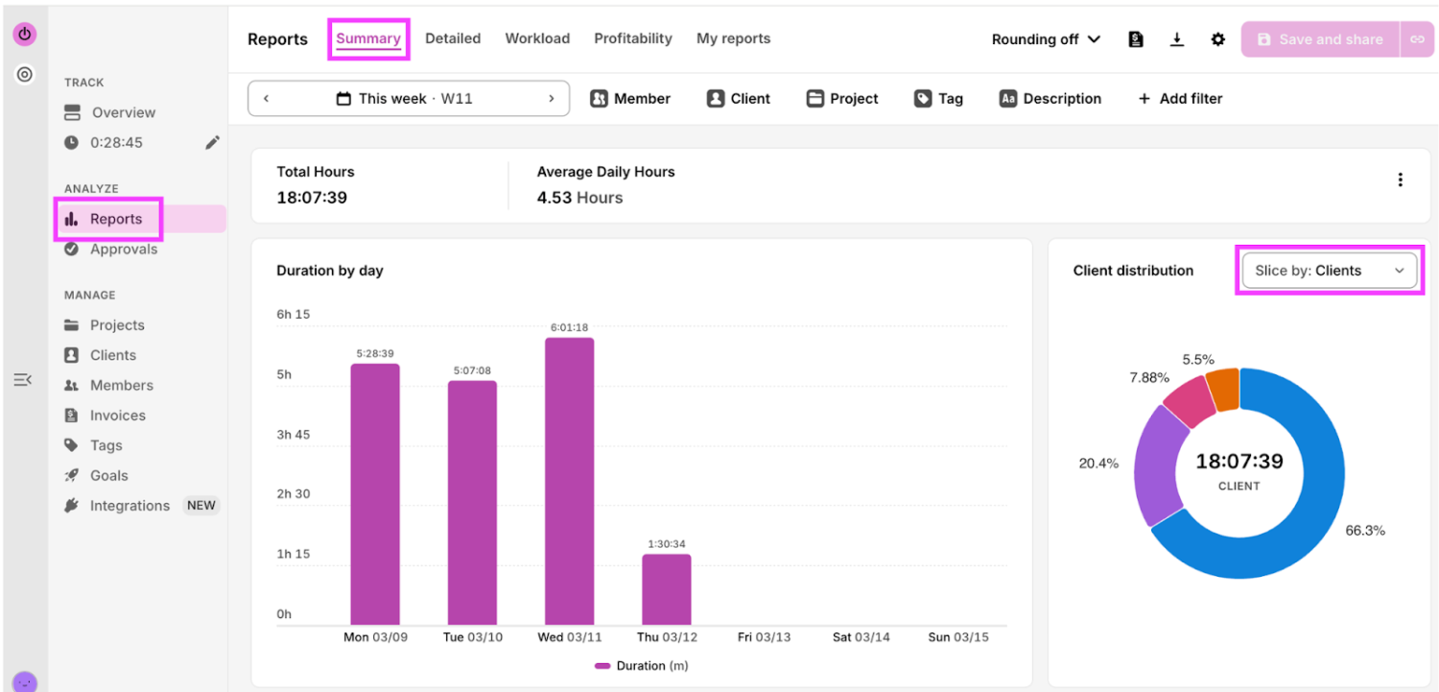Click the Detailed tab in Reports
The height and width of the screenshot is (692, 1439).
[452, 38]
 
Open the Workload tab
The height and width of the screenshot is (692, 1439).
[537, 38]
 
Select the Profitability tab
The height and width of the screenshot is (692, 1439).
[633, 38]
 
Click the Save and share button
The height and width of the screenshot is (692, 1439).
[1320, 39]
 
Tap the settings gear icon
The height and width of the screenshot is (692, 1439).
[1217, 39]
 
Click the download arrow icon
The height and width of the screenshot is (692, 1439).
[1176, 39]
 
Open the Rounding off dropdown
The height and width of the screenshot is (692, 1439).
[1046, 39]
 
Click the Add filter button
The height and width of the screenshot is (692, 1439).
[1180, 98]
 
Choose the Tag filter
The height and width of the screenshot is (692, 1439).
[938, 98]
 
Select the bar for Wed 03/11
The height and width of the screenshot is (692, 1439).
[569, 481]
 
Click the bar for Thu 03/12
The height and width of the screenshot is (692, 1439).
[666, 589]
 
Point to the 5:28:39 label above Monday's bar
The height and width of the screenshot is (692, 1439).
[375, 353]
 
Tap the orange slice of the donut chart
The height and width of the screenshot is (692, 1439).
[1224, 390]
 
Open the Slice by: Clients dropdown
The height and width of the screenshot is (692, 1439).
[1329, 271]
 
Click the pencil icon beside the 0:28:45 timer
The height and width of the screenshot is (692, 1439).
[212, 142]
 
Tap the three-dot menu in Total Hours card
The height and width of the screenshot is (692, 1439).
[1401, 179]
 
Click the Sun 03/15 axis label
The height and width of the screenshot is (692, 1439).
[957, 637]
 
